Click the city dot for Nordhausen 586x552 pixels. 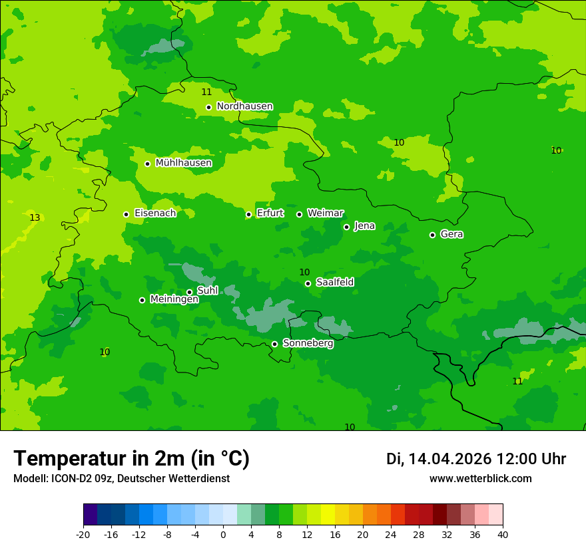(208, 107)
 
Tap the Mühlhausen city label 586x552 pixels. (183, 163)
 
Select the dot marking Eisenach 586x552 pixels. (126, 214)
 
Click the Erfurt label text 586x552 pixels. (270, 213)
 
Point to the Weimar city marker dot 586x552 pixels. (299, 214)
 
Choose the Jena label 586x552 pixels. (364, 226)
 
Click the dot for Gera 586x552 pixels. (432, 235)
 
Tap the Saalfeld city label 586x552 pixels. (334, 283)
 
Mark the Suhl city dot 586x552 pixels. (189, 292)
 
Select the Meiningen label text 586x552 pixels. (174, 299)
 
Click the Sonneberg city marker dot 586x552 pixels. (274, 344)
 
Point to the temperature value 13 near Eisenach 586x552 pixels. (35, 218)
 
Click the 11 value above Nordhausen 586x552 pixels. (206, 92)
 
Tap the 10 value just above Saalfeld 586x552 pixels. (304, 272)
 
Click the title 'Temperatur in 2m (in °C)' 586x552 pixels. (131, 458)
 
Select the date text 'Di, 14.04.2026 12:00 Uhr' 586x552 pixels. (476, 459)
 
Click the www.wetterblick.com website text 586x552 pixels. (480, 478)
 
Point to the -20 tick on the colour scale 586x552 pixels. (83, 534)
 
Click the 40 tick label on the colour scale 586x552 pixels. (502, 534)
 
